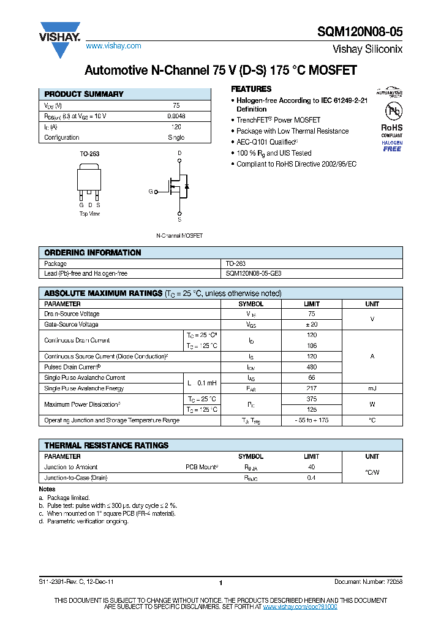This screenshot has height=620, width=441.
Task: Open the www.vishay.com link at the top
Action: [113, 46]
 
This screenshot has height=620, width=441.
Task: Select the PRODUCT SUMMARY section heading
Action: [84, 94]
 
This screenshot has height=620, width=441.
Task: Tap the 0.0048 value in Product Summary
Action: [176, 116]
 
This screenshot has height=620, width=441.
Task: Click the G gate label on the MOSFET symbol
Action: [150, 192]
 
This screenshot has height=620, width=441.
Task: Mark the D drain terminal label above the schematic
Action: [179, 153]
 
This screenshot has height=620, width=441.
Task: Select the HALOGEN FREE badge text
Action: [392, 146]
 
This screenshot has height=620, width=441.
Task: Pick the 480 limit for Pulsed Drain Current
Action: [311, 367]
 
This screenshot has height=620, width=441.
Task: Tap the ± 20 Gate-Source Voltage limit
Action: [311, 325]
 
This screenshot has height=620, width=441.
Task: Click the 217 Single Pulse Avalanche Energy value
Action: [311, 388]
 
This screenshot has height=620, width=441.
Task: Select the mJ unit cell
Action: [372, 388]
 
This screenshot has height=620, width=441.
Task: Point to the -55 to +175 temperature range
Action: [311, 420]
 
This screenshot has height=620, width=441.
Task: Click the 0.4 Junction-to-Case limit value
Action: [311, 478]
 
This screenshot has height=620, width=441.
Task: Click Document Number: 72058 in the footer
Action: [368, 582]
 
